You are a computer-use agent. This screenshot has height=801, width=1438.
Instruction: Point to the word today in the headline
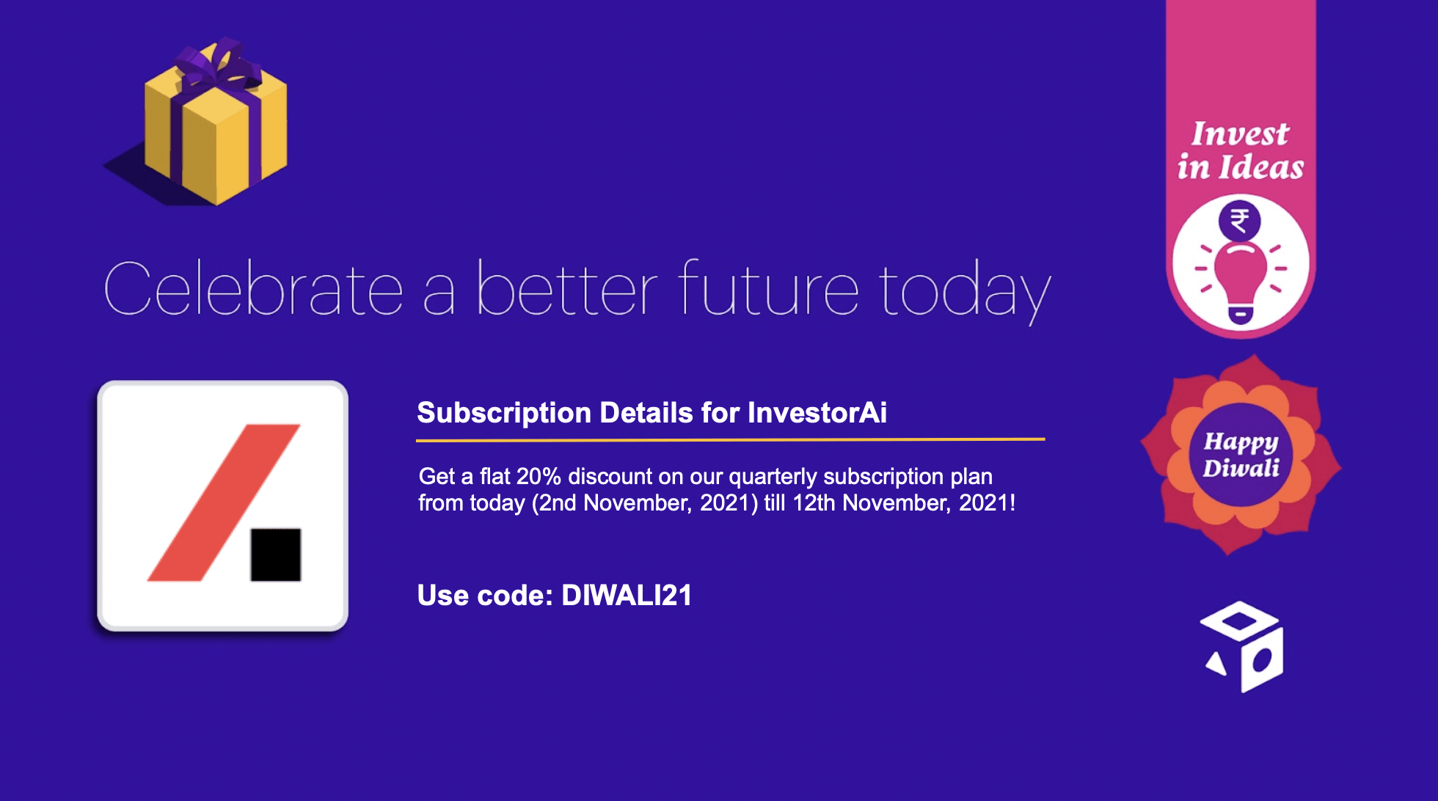pos(966,292)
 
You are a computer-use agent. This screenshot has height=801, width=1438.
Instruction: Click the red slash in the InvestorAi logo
pos(224,502)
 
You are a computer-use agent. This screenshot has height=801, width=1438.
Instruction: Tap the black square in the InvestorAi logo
pos(276,555)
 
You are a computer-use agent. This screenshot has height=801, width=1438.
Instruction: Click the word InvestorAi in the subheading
pos(817,413)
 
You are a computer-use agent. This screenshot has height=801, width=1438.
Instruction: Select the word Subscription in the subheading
pos(504,414)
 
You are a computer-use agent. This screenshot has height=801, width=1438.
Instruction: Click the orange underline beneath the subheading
pos(730,440)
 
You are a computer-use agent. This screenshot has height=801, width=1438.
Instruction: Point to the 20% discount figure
pos(539,477)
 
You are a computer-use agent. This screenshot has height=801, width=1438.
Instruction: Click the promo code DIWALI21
pos(627,596)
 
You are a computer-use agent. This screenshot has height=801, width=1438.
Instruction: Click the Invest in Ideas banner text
pos(1241,150)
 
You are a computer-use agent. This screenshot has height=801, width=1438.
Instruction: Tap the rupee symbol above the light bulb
pos(1240,221)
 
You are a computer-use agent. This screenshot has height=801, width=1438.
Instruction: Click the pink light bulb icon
pos(1241,282)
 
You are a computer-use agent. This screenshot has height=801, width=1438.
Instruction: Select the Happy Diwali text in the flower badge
pos(1241,455)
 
